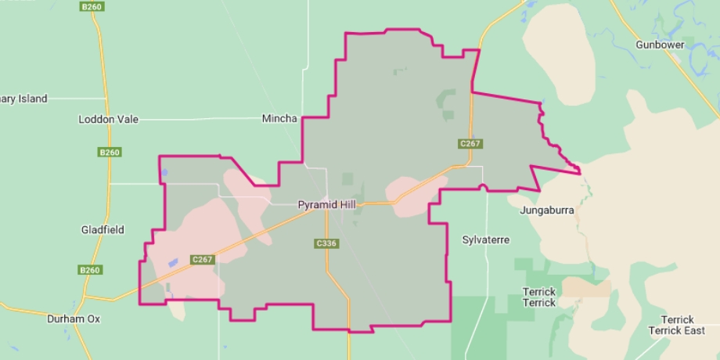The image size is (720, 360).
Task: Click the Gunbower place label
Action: coord(660,45)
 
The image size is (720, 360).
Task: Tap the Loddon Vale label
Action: coord(109,120)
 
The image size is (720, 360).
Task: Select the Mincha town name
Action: coord(279,119)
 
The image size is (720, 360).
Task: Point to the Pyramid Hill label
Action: coord(327,205)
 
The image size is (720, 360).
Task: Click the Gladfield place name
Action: coord(102,230)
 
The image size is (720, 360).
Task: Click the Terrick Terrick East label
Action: coord(676,325)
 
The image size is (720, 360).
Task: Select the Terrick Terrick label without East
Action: coord(538,297)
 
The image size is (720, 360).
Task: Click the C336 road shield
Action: coord(326,244)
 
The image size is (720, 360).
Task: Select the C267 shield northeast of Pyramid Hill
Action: coord(470,144)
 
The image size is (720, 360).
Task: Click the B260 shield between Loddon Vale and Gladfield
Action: coord(109,152)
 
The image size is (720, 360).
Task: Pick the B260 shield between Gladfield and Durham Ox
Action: coord(90,270)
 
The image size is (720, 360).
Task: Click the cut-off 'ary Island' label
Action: coord(24,99)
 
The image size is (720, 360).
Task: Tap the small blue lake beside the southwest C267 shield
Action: coord(173,262)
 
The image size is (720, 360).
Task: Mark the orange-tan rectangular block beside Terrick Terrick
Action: coord(586,287)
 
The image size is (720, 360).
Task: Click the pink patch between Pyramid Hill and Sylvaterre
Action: coord(416,193)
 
